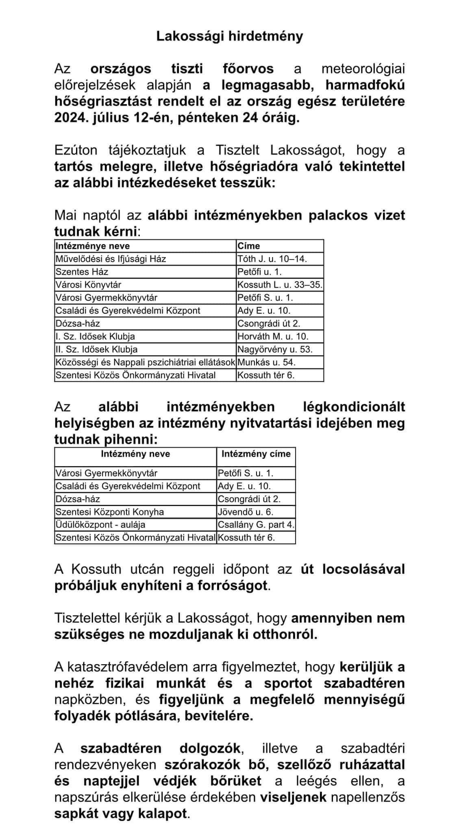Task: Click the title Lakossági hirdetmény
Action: (230, 37)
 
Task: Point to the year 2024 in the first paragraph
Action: (70, 118)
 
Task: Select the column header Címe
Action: (249, 246)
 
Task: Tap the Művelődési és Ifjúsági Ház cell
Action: (111, 259)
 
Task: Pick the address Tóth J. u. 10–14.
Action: (272, 259)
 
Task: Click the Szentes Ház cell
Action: (82, 272)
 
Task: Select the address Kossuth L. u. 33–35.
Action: (280, 285)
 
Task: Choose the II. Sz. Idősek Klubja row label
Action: (97, 349)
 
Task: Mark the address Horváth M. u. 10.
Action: (273, 336)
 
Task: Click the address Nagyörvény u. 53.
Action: (275, 349)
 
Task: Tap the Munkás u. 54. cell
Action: (266, 362)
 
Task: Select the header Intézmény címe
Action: (256, 454)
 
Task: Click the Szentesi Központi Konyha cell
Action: (110, 512)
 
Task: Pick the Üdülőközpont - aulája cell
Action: (100, 525)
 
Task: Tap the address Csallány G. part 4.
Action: (256, 525)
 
